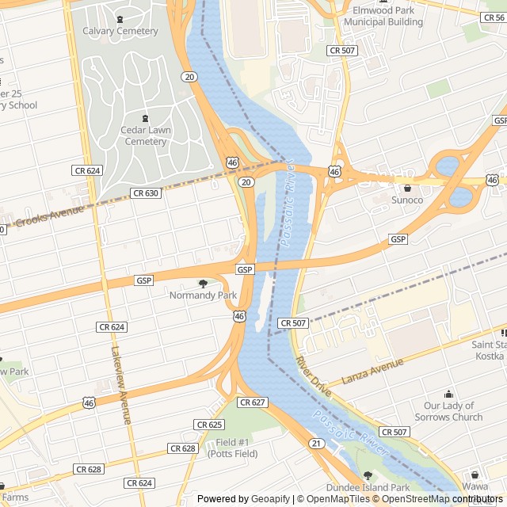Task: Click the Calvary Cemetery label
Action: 120,31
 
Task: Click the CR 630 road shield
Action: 146,193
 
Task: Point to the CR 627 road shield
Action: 252,402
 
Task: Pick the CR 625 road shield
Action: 209,425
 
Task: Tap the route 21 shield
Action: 317,442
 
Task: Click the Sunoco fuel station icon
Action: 407,189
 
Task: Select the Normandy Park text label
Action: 204,295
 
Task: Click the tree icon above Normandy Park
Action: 203,284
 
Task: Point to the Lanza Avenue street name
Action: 372,372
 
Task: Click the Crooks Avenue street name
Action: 49,214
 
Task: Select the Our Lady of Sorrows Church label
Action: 448,411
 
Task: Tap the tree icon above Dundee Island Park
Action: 368,475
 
